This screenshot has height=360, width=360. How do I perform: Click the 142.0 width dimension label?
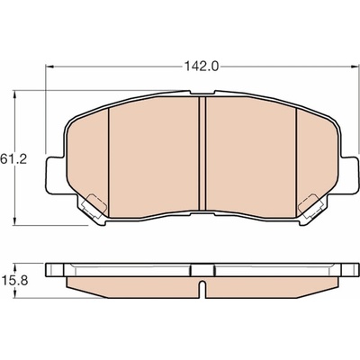click(x=202, y=67)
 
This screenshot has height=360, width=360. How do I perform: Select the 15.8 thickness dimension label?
click(x=14, y=281)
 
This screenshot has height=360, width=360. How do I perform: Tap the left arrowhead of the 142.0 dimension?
click(x=49, y=67)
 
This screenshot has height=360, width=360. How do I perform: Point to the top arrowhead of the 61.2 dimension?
click(x=13, y=94)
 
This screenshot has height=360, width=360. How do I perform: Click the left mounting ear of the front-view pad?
click(x=55, y=175)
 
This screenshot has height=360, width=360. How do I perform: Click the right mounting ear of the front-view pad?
click(x=350, y=175)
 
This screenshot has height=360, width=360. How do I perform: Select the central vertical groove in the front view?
click(x=202, y=153)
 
